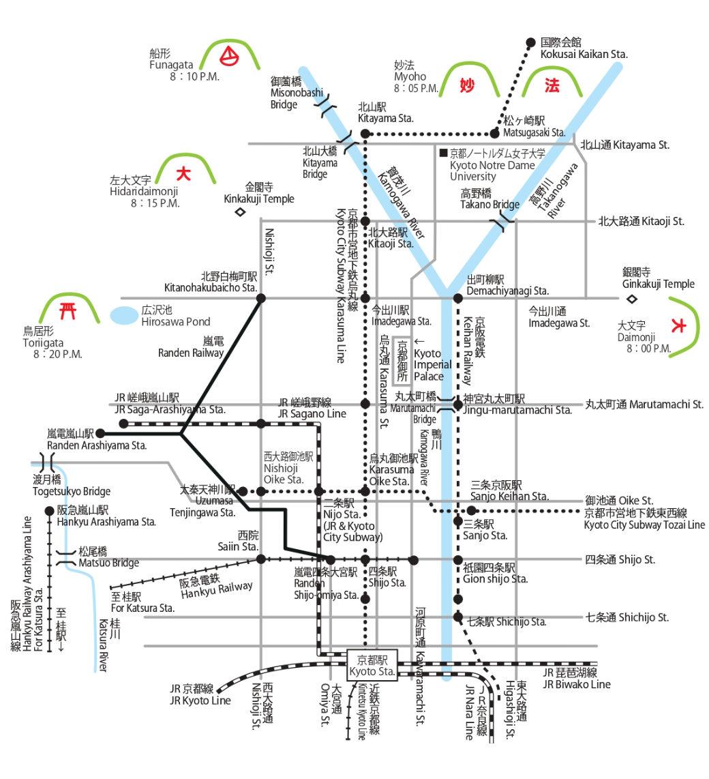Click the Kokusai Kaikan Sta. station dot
coord(531,42)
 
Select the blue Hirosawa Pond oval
coord(123,316)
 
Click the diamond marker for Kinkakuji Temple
coord(239,212)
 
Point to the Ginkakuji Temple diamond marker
coord(631,298)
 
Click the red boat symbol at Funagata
coord(231,55)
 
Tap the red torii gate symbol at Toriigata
coord(67,312)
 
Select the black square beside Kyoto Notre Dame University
coord(443,153)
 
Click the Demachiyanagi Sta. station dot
coord(458,297)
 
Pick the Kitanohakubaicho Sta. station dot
coord(260,297)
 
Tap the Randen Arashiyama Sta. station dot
coord(100,433)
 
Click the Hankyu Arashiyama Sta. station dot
coord(49,511)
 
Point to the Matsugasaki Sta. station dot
coord(496,133)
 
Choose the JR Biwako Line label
coord(577,684)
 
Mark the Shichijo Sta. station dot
coord(458,617)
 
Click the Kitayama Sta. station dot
coord(365,133)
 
